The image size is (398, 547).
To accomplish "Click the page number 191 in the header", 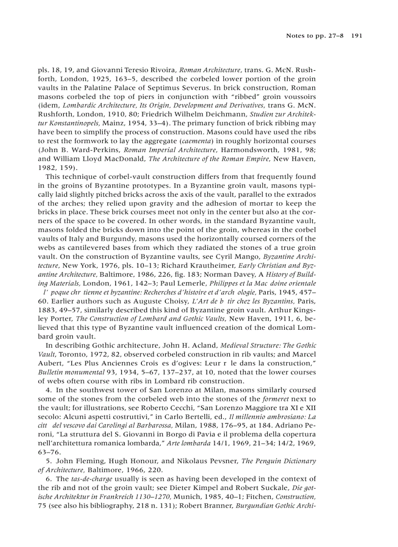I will pyautogui.click(x=356, y=36).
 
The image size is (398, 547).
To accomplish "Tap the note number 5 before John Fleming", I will pyautogui.click(x=48, y=461).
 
